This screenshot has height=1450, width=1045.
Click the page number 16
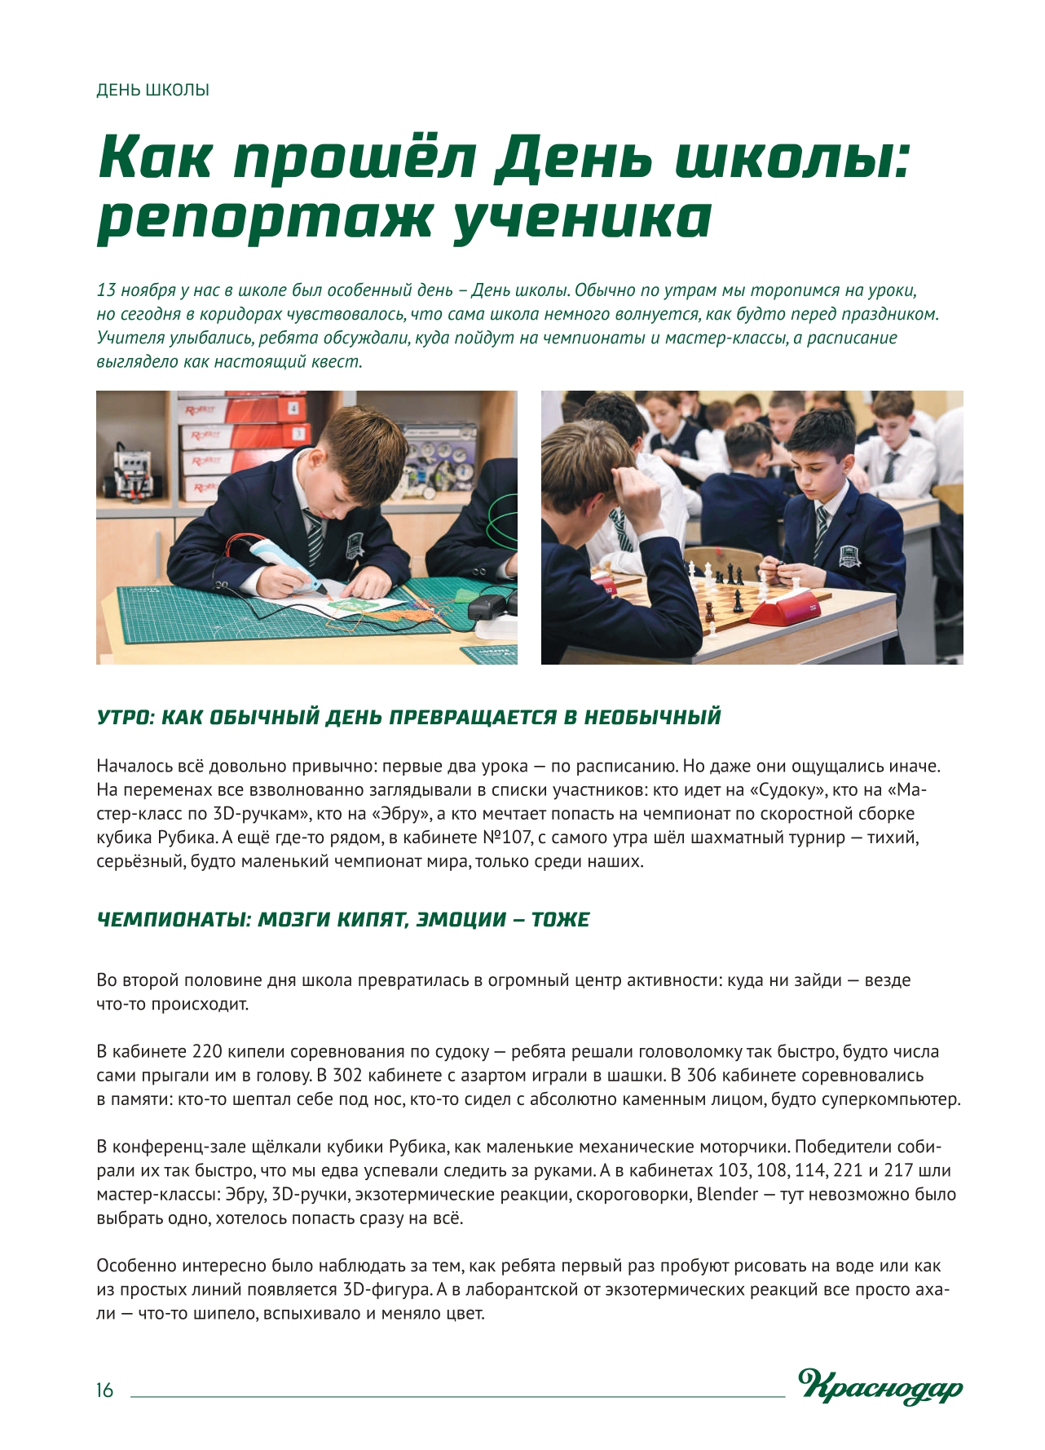click(104, 1390)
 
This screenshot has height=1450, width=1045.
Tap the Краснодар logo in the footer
click(880, 1386)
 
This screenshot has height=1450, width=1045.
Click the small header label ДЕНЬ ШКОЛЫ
click(152, 90)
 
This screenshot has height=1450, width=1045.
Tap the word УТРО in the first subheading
click(125, 718)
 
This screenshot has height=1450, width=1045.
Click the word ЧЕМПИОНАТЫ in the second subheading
click(172, 920)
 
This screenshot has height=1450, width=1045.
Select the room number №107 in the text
click(508, 838)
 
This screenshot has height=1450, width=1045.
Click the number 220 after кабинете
click(207, 1052)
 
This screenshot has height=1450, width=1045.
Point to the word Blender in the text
click(727, 1195)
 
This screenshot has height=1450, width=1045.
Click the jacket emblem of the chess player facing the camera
click(849, 555)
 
